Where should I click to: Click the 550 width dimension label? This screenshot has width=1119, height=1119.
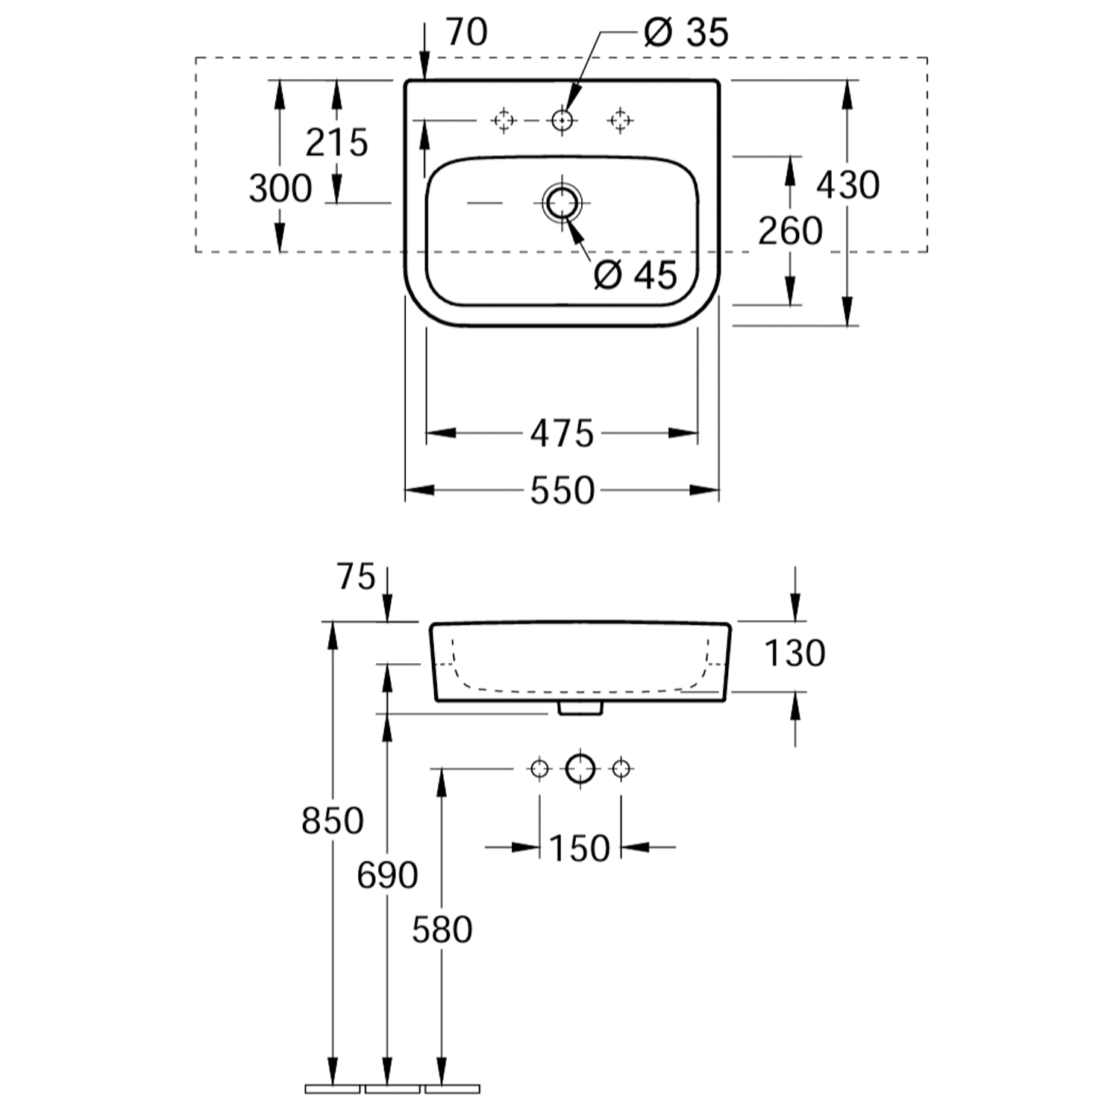pos(562,490)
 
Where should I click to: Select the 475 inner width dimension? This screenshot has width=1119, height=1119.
pos(562,433)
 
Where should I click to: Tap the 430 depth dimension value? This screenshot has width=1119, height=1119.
pos(848,185)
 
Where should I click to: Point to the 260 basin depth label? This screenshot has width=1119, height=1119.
pos(791,231)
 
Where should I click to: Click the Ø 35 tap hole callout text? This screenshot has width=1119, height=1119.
pos(686,33)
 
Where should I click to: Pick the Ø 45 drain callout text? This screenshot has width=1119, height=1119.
pos(636,275)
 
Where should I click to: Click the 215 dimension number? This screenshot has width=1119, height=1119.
pos(337,142)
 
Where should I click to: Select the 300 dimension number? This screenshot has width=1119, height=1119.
pos(280,189)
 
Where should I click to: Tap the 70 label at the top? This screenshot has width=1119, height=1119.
pos(466,32)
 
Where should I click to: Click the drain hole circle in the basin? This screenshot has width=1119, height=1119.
pos(562,202)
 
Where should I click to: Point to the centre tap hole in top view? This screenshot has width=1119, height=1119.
pos(562,119)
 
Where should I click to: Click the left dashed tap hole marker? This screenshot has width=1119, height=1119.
pos(504,119)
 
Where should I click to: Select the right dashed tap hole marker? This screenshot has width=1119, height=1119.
pos(620,119)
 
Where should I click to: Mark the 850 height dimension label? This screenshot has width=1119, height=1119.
pos(333,821)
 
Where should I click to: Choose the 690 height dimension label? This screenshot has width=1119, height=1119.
pos(387,875)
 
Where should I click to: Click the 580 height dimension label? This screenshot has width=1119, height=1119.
pos(442,930)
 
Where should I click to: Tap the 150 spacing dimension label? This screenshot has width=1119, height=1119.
pos(580,848)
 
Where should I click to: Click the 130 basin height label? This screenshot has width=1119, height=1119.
pos(795,653)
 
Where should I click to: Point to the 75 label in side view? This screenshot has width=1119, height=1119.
pos(356,577)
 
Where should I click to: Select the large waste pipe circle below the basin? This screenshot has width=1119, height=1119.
pos(580,768)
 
